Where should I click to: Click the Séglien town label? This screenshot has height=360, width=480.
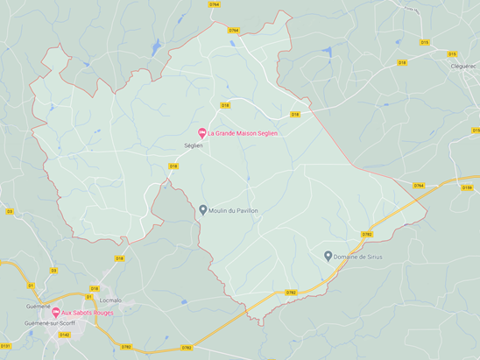[x=193, y=145]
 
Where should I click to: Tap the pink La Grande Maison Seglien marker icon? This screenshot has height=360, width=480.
[x=202, y=132]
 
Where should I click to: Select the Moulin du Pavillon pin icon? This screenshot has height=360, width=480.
[x=203, y=209]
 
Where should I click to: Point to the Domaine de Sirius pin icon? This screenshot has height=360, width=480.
[x=328, y=256]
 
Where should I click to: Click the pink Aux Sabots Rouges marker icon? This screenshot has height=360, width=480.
[x=56, y=313]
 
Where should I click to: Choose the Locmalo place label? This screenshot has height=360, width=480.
[x=110, y=300]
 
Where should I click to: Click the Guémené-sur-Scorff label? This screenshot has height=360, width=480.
[x=50, y=323]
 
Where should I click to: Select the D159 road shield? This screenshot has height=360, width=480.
[x=466, y=187]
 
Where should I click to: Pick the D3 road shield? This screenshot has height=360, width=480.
[x=10, y=211]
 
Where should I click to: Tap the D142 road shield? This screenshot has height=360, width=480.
[x=64, y=335]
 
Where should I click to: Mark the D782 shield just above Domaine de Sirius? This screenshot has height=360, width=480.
[x=366, y=234]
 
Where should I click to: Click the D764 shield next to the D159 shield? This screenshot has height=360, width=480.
[x=419, y=186]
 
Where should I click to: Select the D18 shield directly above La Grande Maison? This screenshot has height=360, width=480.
[x=225, y=105]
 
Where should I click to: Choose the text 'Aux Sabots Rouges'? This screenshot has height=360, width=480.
[x=88, y=313]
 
